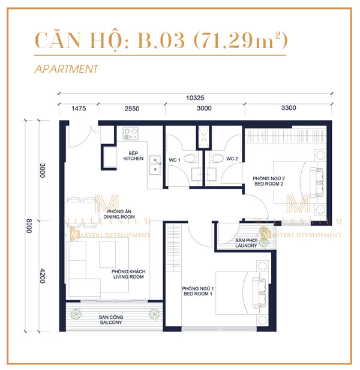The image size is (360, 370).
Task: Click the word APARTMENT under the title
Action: tap(67, 69)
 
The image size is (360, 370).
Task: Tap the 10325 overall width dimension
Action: tap(196, 97)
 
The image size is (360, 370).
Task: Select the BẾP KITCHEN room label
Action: tap(133, 156)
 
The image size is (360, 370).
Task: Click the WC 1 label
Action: tap(175, 159)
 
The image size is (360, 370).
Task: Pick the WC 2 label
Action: tap(232, 159)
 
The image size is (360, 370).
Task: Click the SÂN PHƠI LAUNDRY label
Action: tap(247, 242)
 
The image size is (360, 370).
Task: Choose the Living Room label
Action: tap(128, 275)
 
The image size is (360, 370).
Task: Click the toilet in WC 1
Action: tap(191, 158)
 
